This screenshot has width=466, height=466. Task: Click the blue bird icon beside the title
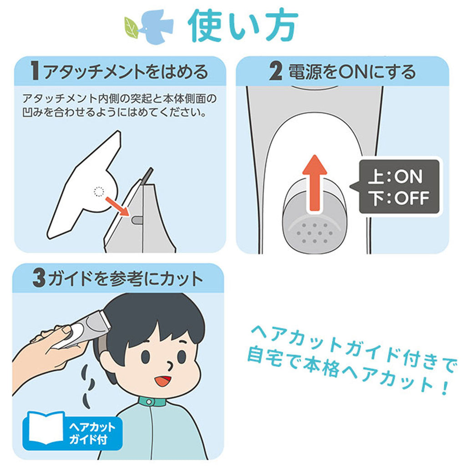tap(156, 27)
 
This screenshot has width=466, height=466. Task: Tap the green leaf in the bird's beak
tap(131, 28)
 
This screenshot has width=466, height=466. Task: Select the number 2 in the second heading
tap(275, 71)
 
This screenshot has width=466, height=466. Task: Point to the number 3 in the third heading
tap(39, 278)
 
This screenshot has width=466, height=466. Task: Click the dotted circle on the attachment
tap(99, 192)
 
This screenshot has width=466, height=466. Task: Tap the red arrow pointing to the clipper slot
tap(117, 206)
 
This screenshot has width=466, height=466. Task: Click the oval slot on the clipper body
tap(137, 220)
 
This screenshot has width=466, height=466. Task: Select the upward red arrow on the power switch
tap(314, 183)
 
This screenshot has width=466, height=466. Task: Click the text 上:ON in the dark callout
tap(395, 177)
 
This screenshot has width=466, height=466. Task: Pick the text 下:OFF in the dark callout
tap(399, 198)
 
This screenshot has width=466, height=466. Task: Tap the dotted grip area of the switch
tap(314, 233)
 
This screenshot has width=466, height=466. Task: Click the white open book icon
tap(46, 428)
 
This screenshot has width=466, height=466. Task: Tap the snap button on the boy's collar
tap(149, 402)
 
